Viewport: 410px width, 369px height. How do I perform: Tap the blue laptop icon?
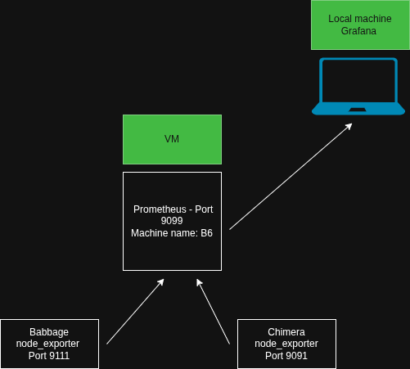pos(358,87)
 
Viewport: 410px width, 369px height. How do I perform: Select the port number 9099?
pos(172,221)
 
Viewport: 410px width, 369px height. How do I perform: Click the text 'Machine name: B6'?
pos(172,233)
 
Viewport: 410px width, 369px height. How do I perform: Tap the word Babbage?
pos(49,332)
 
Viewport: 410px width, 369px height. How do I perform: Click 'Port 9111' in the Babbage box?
pos(49,356)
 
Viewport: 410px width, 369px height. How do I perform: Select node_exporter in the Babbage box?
pos(49,344)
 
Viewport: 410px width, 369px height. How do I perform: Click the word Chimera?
pos(286,332)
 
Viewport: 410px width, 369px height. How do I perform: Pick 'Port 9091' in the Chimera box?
pos(286,356)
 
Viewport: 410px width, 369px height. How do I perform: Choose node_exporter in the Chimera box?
pos(286,344)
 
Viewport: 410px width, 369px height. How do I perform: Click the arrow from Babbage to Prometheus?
pos(135,312)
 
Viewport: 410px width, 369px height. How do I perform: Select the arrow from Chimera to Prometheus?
pos(214,312)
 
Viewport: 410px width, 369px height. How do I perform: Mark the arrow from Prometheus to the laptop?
pos(291,176)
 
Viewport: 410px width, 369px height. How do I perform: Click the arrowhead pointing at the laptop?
pos(349,126)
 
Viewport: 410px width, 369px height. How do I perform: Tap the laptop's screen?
pos(358,81)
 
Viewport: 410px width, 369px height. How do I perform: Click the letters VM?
pos(172,139)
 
